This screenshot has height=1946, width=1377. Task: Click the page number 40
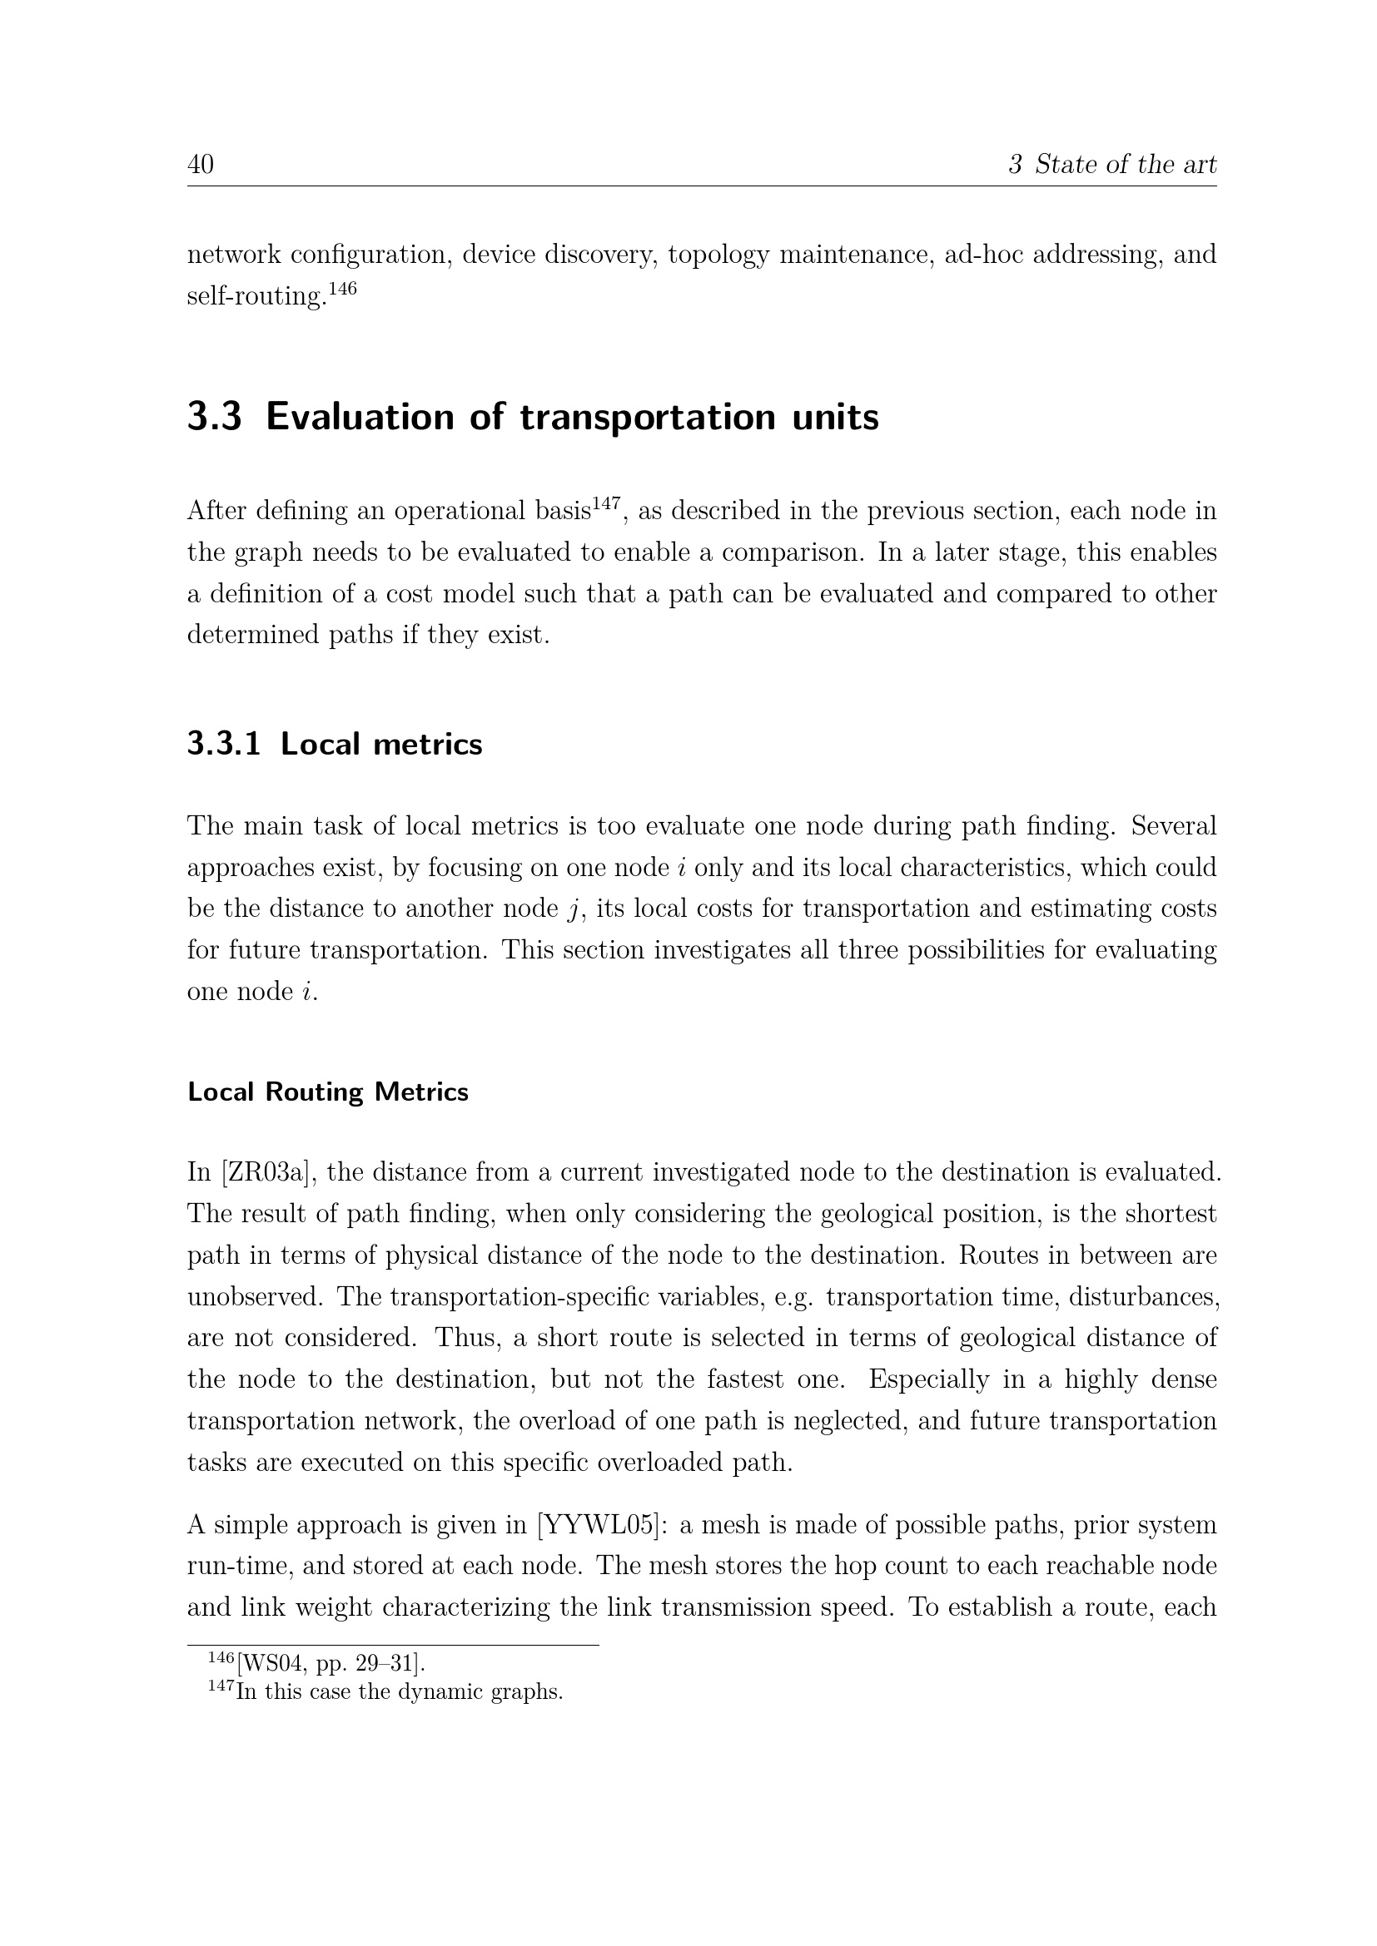(200, 165)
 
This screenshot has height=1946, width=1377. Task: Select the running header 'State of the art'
(1126, 165)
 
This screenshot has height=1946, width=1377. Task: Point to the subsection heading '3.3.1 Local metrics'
(335, 744)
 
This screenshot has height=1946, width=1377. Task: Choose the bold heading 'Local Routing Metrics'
(327, 1092)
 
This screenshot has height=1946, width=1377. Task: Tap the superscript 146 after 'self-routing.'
(342, 289)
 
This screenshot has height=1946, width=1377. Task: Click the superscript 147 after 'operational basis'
(606, 504)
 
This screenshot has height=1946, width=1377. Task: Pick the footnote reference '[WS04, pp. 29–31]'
(331, 1664)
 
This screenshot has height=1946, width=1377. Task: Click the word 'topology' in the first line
(718, 255)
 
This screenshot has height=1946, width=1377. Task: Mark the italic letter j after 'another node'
(572, 909)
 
